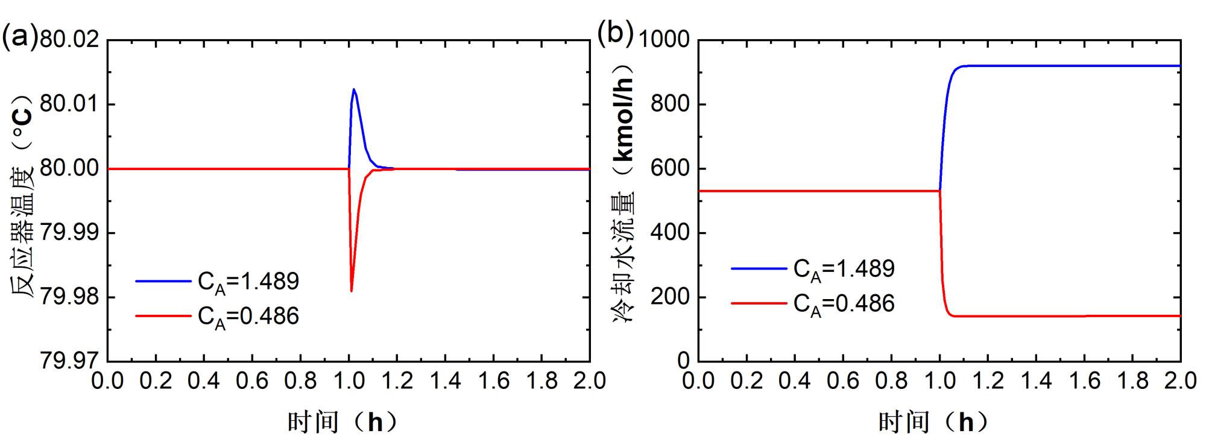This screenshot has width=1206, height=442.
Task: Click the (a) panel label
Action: [x=20, y=38]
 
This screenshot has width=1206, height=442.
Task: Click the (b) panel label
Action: [x=614, y=33]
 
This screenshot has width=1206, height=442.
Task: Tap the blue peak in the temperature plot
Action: [x=354, y=90]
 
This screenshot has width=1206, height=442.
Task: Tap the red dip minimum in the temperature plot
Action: [x=351, y=291]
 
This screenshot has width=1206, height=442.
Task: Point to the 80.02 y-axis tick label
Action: [x=69, y=40]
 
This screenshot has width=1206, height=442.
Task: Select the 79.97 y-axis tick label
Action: [x=69, y=361]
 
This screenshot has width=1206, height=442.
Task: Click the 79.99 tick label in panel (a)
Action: [x=69, y=233]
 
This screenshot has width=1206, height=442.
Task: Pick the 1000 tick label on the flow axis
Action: [x=663, y=40]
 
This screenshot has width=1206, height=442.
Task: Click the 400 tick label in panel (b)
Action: [x=669, y=233]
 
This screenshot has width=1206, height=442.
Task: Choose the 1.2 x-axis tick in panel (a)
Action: [x=397, y=381]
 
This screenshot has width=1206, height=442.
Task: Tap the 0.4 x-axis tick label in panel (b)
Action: [x=795, y=381]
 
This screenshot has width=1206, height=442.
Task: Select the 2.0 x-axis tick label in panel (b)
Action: [x=1179, y=381]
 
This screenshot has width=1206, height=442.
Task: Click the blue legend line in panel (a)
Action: [x=163, y=280]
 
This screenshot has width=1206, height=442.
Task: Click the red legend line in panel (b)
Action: [x=759, y=303]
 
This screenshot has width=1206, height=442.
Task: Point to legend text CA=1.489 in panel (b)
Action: [x=844, y=269]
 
